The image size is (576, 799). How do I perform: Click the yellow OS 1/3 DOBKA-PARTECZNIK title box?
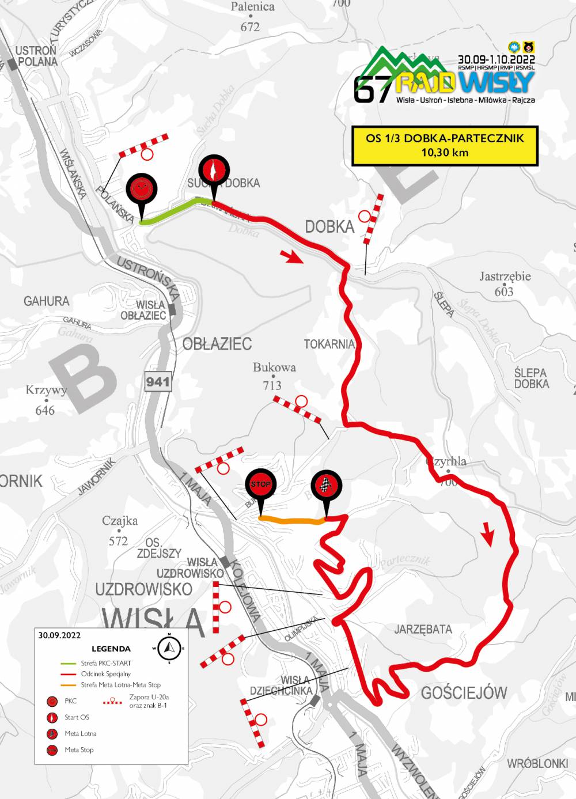pos(445,145)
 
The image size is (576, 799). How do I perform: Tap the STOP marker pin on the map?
pos(260,485)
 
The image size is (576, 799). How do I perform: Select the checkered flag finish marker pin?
pos(327,486)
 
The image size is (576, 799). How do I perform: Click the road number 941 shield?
pos(158,381)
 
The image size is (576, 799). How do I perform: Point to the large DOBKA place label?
pos(329,226)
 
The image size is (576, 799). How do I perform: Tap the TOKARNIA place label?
pos(329,344)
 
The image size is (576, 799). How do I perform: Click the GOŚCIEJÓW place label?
pos(464,692)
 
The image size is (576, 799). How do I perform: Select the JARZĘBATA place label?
pos(423,629)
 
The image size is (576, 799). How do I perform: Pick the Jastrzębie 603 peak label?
pos(505,283)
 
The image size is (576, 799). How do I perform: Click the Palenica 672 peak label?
pos(252,17)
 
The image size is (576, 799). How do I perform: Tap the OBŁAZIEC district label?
pos(217,344)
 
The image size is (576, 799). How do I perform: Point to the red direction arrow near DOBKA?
pos(292,256)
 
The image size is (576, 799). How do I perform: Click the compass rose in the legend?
pos(169,648)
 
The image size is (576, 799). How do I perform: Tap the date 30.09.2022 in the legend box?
pos(59,635)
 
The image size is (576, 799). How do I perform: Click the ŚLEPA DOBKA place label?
pos(531,378)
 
